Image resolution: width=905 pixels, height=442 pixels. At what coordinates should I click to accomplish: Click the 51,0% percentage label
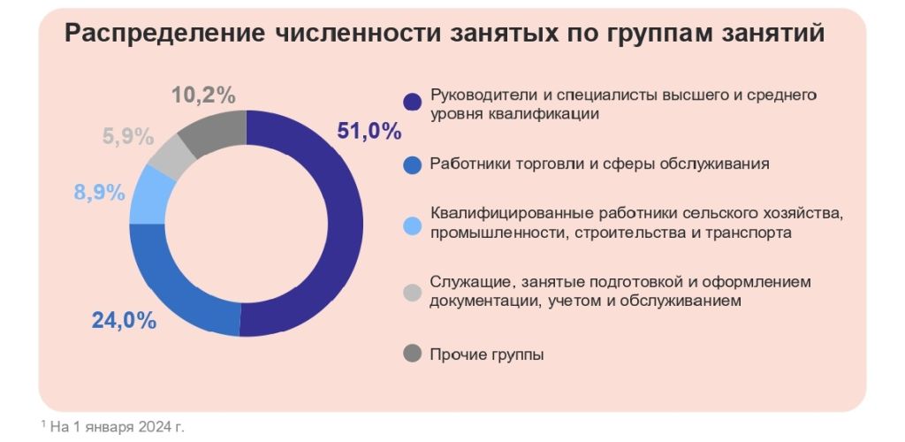click(369, 131)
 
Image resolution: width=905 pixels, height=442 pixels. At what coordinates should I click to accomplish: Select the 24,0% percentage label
click(124, 320)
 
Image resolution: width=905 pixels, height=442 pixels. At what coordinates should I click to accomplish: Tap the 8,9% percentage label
click(99, 193)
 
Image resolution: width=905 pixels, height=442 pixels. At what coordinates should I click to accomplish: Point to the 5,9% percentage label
click(128, 137)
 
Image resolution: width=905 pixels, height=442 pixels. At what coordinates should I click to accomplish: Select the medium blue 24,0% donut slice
click(177, 292)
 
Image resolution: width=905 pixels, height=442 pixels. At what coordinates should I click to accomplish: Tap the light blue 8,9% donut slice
click(147, 194)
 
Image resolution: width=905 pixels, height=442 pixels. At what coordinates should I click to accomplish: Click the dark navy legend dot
click(412, 103)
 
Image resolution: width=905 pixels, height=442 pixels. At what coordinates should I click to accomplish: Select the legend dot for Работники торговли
click(412, 164)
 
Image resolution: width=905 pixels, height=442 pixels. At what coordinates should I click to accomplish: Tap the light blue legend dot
click(412, 225)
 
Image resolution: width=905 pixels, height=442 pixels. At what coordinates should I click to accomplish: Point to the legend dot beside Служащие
click(412, 291)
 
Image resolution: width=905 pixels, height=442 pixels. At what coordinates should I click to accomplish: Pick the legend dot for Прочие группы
click(412, 354)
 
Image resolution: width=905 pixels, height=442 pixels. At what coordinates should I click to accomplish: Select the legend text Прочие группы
click(486, 354)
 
